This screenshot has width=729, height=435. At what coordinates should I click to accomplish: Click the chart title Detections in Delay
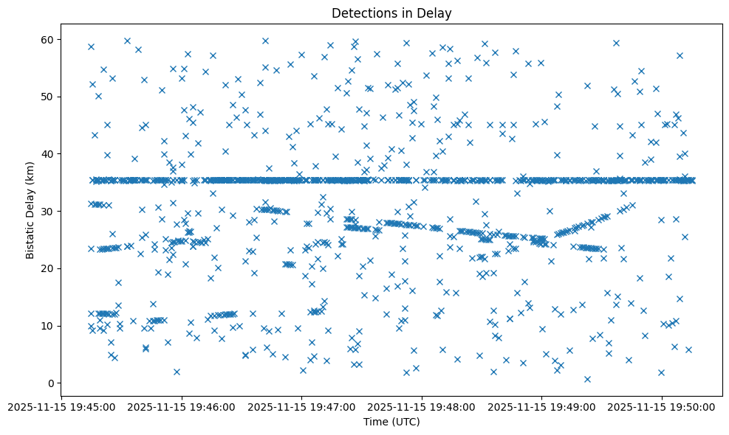(x=391, y=13)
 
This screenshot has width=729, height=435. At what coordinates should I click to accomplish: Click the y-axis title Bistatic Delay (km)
(x=30, y=201)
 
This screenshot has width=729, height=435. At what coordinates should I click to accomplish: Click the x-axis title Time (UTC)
(x=391, y=422)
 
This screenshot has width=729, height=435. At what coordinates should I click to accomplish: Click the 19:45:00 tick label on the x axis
(x=61, y=406)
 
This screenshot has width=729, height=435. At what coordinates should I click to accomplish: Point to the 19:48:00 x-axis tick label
(x=422, y=406)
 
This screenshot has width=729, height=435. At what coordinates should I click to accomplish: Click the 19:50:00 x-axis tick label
(x=662, y=406)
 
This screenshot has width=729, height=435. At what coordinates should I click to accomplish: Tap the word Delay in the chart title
(x=437, y=13)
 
